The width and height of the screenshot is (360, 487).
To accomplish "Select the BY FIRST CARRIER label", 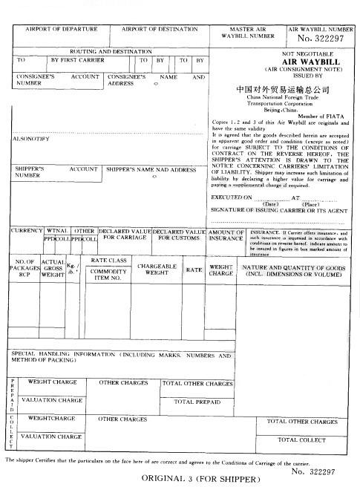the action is click(77, 59).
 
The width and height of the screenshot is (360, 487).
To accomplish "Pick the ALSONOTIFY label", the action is click(31, 139).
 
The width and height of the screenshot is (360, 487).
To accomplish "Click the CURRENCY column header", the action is click(27, 231).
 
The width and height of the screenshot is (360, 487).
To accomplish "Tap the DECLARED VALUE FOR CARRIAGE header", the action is click(125, 235).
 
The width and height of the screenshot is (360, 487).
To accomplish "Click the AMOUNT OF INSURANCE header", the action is click(226, 235).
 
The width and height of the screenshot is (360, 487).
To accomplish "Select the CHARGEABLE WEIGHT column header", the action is click(156, 269).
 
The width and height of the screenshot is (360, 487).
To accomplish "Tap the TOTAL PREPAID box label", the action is click(197, 401).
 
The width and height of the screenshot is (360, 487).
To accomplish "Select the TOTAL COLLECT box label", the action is click(301, 439).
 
